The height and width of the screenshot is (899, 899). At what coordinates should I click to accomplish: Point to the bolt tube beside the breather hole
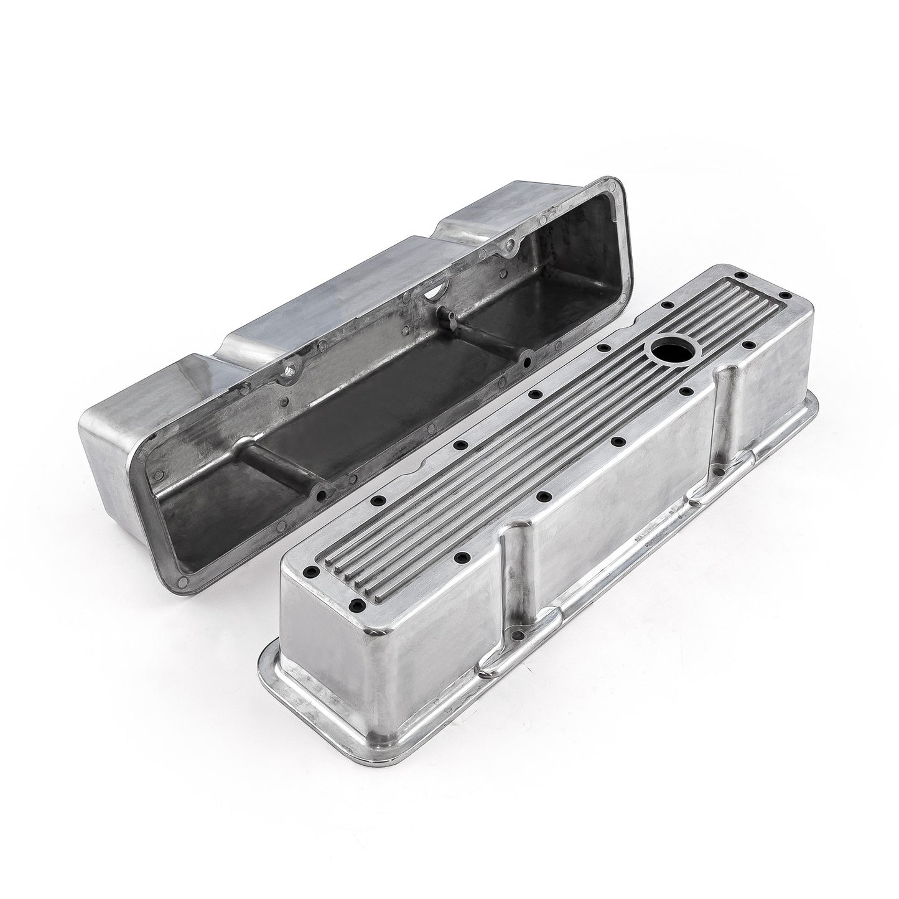tap(727, 404)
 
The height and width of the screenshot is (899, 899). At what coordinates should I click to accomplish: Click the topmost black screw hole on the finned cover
tap(742, 292)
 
